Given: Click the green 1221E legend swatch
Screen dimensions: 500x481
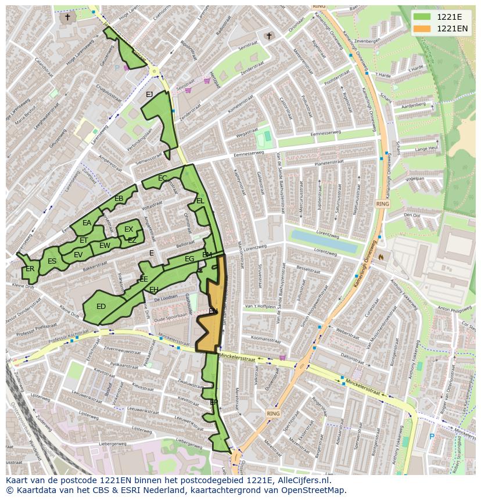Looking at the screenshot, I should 422,17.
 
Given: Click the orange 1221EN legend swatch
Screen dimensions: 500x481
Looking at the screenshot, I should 422,28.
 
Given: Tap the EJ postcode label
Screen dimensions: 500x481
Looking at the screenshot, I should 149,95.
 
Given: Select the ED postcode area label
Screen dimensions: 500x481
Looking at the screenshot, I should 101,307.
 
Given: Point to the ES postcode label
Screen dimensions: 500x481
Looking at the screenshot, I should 52,261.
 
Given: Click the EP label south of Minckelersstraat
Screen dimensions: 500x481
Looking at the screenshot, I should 213,402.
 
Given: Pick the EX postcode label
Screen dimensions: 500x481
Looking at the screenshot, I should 129,229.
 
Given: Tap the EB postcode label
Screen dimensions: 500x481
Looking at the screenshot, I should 119,199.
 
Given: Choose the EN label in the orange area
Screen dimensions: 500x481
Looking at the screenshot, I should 213,311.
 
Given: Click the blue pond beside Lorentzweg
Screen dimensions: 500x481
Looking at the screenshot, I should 324,242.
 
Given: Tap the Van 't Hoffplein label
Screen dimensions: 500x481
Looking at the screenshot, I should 260,306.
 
